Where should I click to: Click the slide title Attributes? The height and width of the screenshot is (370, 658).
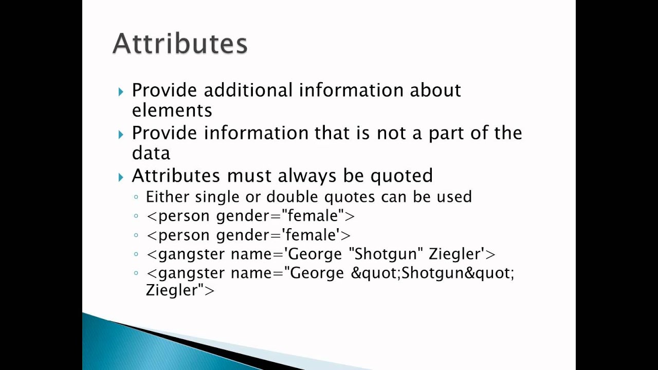(180, 44)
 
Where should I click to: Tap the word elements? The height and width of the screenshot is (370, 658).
(172, 110)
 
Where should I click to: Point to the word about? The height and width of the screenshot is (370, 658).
(435, 90)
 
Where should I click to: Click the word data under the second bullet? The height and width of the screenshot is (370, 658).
(151, 153)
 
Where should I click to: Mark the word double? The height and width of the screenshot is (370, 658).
(293, 197)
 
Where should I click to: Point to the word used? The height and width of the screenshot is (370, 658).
(454, 197)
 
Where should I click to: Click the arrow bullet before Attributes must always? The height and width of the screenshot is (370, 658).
(121, 177)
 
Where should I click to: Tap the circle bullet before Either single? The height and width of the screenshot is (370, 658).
(136, 197)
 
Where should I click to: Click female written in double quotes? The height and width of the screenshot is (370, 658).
(315, 216)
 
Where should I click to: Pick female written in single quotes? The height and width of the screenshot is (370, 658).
(313, 235)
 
